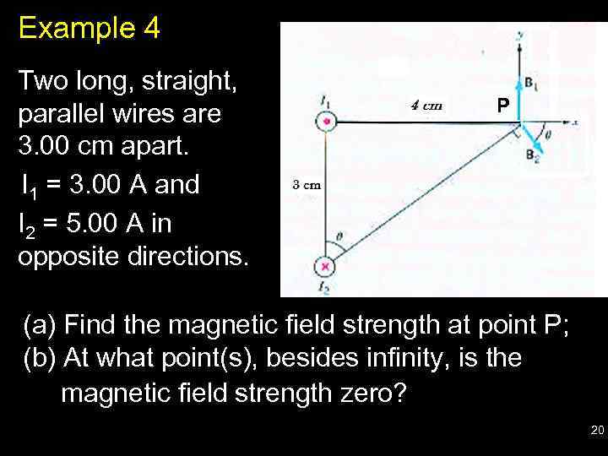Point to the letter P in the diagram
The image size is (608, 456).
502,106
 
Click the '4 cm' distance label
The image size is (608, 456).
426,106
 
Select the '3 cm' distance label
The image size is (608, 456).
306,184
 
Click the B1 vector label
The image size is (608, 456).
533,84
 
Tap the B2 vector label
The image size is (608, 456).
533,155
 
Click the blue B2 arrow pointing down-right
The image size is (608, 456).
532,138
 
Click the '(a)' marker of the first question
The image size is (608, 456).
40,325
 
